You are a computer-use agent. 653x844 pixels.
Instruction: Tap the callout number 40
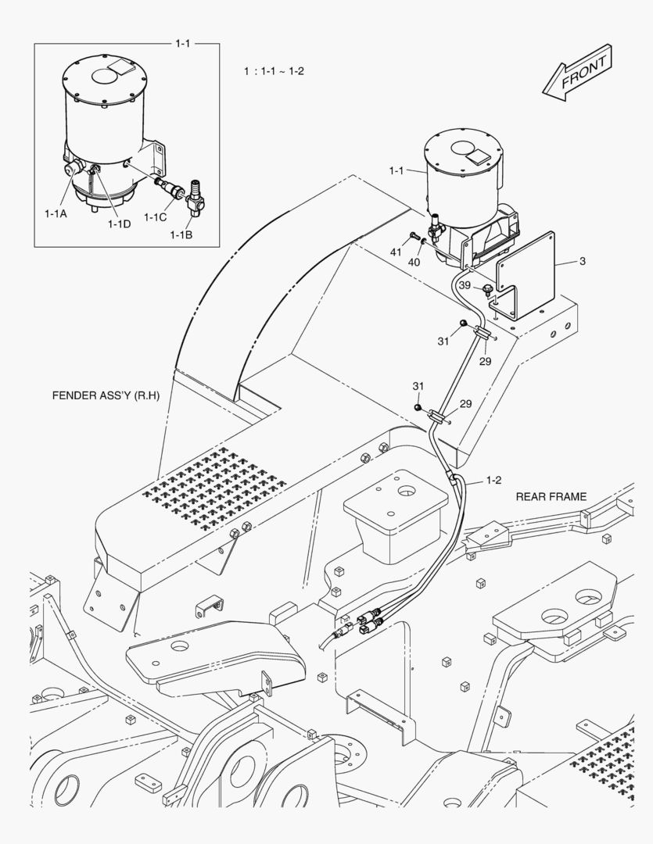pos(414,262)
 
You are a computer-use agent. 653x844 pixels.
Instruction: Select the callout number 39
pos(464,286)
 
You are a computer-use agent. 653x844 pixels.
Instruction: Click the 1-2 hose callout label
pos(494,479)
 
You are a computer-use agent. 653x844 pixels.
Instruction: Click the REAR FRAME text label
pos(551,496)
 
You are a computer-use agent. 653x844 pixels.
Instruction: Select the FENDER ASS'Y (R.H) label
pos(106,395)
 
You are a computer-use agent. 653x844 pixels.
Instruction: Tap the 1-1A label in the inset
pos(56,211)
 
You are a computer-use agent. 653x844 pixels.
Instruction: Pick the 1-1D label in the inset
pos(120,224)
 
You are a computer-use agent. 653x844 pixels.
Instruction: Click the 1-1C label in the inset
pos(155,217)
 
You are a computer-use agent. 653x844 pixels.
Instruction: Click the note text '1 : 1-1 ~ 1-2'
pos(274,71)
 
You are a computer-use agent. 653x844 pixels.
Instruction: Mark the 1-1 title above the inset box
pos(182,44)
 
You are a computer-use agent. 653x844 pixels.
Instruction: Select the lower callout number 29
pos(465,403)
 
